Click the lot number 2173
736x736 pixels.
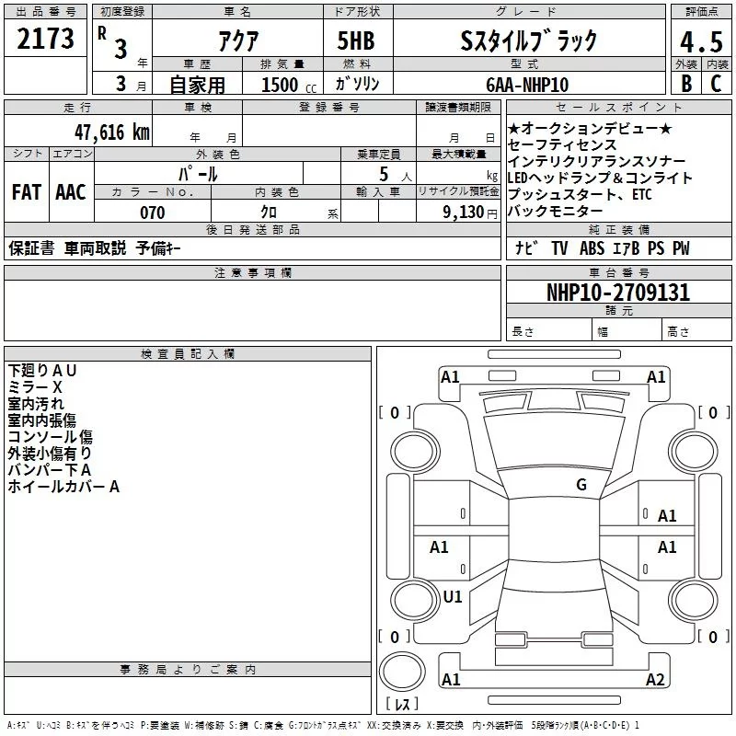tap(46, 39)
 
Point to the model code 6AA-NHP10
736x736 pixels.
tap(527, 85)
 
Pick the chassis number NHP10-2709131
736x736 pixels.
tap(618, 293)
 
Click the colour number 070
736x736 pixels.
tap(152, 213)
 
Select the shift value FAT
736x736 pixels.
tap(26, 192)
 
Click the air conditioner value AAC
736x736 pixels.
tap(70, 192)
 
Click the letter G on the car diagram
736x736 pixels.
tap(581, 485)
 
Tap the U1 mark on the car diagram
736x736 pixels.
tap(453, 596)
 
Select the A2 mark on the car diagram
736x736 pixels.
tap(655, 680)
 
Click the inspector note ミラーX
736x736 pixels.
tap(35, 387)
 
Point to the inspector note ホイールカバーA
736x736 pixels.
tap(63, 487)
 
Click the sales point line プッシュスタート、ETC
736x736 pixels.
tap(579, 195)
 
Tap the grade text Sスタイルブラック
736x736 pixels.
tap(529, 40)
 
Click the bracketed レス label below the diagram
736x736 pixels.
tap(402, 705)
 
